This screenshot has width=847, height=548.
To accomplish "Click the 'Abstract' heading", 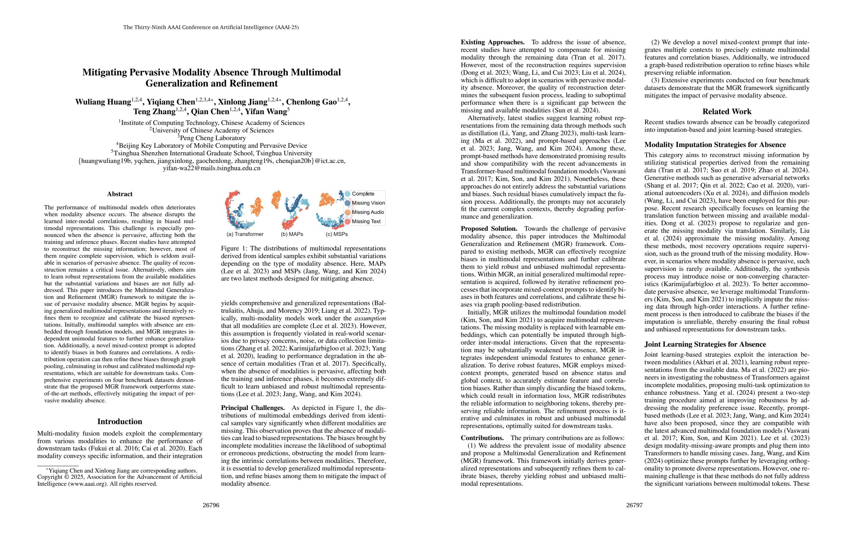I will pyautogui.click(x=120, y=194).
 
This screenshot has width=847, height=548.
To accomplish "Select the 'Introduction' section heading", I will pyautogui.click(x=120, y=421).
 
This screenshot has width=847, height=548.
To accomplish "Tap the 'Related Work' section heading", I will pyautogui.click(x=727, y=111).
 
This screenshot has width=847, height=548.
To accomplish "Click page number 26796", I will pyautogui.click(x=211, y=505).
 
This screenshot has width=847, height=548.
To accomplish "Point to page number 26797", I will pyautogui.click(x=635, y=505).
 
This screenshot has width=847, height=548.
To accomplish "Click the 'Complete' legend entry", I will pyautogui.click(x=363, y=194).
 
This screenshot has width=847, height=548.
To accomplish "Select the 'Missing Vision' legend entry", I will pyautogui.click(x=368, y=203).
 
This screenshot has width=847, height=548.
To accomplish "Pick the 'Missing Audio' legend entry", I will pyautogui.click(x=368, y=212).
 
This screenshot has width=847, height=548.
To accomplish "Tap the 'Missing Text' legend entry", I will pyautogui.click(x=366, y=221).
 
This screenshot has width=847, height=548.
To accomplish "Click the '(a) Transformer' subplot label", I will pyautogui.click(x=245, y=234).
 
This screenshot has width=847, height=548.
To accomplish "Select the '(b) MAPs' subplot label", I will pyautogui.click(x=292, y=234).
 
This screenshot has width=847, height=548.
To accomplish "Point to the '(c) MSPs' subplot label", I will pyautogui.click(x=337, y=234).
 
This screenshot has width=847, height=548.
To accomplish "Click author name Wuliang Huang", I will pyautogui.click(x=103, y=102).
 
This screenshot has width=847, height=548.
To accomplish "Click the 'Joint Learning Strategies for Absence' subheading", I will pyautogui.click(x=705, y=344).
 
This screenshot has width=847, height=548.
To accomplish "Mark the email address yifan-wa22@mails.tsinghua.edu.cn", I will pyautogui.click(x=211, y=168).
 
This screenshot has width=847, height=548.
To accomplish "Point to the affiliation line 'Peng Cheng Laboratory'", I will pyautogui.click(x=212, y=138).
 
